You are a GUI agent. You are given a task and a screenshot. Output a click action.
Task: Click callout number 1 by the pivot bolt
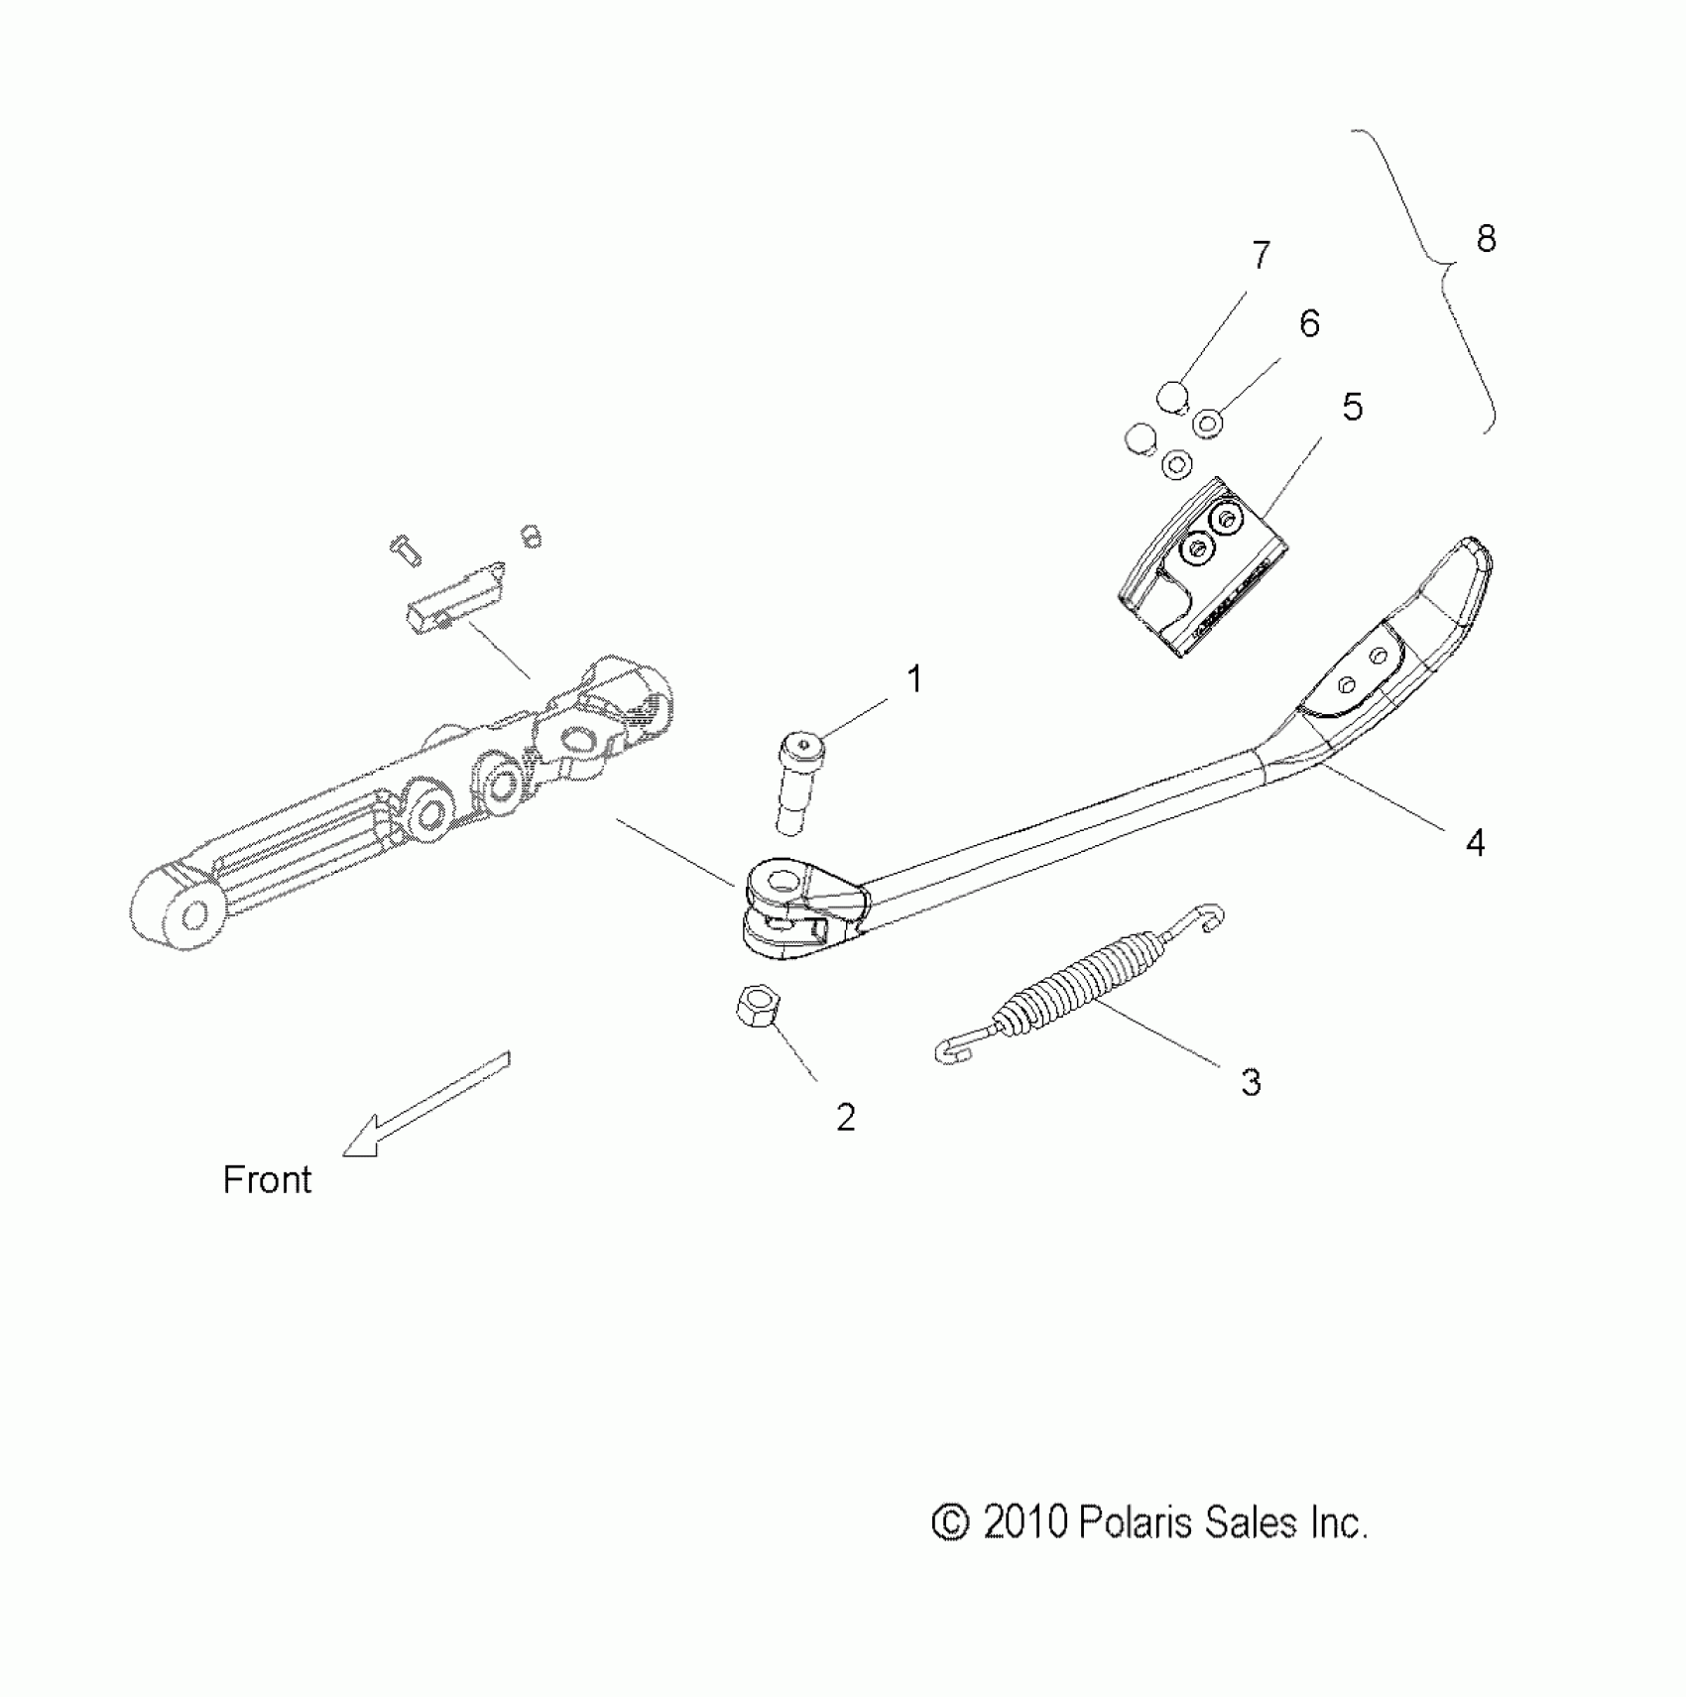(x=914, y=680)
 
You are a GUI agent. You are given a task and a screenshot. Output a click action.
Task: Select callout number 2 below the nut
(x=845, y=1118)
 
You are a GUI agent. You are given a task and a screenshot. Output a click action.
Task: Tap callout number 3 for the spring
(x=1251, y=1082)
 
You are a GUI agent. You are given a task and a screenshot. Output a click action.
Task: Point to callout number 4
(x=1475, y=843)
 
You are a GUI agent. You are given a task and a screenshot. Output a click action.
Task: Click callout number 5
(x=1352, y=407)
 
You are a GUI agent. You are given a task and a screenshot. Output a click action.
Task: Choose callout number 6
(x=1309, y=323)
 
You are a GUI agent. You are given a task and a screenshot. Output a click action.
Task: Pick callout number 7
(x=1261, y=256)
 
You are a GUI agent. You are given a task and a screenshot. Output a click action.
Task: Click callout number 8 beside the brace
(x=1486, y=239)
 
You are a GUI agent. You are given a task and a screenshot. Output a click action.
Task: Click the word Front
(x=267, y=1180)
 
